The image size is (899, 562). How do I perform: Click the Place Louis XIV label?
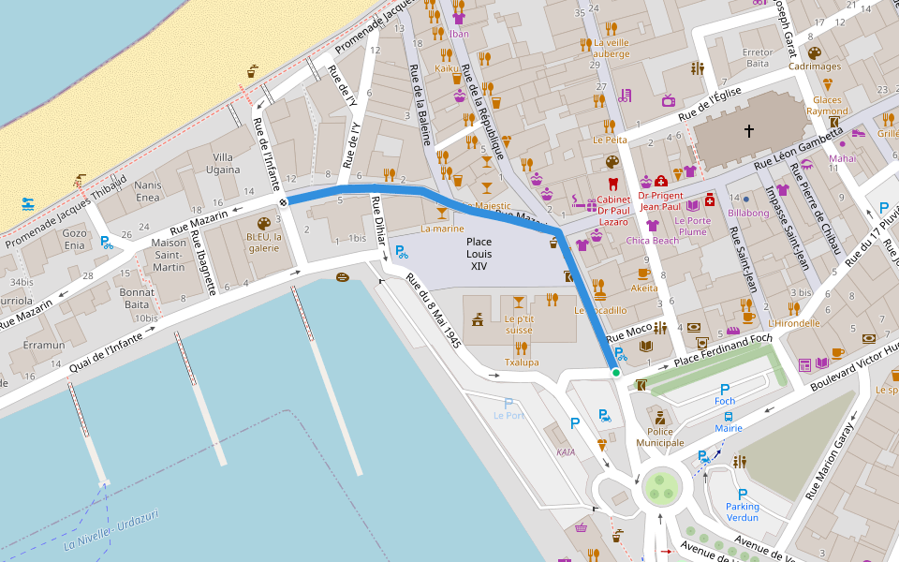[479, 254]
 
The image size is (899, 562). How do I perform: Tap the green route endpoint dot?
[616, 373]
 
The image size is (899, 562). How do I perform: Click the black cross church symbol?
[748, 131]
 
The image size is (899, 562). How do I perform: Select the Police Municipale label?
[660, 436]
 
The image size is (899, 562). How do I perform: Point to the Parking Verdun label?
[743, 511]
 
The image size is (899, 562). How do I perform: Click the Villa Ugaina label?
[223, 163]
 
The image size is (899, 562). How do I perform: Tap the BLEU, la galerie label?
[264, 243]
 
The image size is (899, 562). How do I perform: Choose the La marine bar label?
[442, 228]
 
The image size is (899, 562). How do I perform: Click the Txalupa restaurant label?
[522, 362]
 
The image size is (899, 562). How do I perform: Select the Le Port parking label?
[509, 415]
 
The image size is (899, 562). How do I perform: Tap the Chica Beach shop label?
[653, 241]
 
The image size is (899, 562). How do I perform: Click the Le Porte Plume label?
[693, 226]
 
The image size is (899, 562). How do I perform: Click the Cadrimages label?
[814, 67]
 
